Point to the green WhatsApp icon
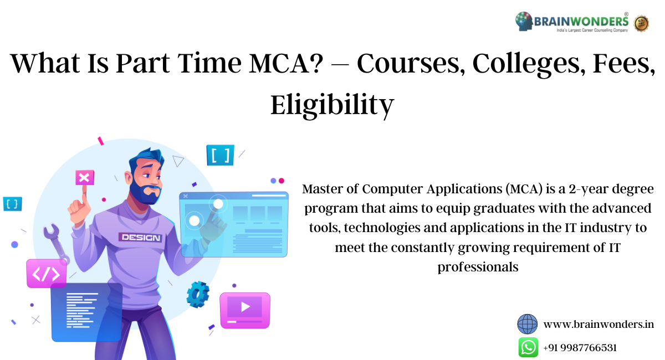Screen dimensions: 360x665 click(528, 347)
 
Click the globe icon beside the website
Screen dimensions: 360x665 click(528, 324)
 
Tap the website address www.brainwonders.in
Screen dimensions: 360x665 click(598, 325)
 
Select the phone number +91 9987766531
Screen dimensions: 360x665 click(580, 348)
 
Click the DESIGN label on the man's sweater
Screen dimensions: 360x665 click(140, 238)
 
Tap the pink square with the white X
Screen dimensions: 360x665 click(84, 178)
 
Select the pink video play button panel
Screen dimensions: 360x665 click(244, 310)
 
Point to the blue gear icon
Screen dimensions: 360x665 click(197, 295)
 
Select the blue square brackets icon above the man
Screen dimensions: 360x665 click(220, 155)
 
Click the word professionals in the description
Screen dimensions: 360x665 click(478, 267)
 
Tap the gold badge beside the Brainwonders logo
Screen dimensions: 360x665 click(641, 23)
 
